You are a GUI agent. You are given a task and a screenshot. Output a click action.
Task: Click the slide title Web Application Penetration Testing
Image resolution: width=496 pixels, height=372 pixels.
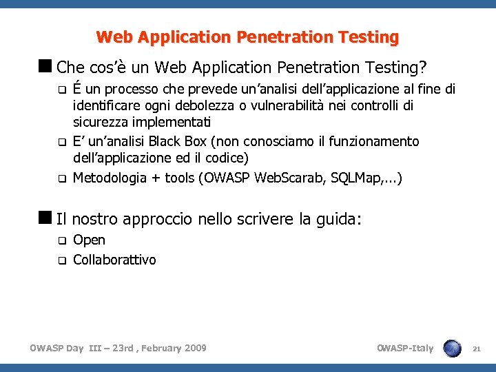click(247, 37)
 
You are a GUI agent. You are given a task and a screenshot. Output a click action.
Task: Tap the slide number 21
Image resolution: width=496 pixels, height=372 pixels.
click(476, 349)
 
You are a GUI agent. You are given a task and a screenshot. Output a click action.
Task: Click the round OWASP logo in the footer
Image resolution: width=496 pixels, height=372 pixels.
click(453, 348)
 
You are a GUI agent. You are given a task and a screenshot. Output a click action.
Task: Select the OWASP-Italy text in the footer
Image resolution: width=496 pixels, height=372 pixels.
click(405, 348)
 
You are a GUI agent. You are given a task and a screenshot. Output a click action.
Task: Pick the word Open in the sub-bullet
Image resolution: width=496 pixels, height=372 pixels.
click(89, 240)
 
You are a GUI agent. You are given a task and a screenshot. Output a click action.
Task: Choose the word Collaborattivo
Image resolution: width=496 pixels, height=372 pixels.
click(114, 260)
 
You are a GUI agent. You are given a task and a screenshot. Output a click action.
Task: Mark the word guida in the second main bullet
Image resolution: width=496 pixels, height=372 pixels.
click(338, 220)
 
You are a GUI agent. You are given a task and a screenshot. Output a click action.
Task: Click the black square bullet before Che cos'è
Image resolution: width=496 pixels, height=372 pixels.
click(48, 68)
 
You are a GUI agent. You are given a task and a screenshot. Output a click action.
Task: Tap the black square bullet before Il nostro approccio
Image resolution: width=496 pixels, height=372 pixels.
click(48, 219)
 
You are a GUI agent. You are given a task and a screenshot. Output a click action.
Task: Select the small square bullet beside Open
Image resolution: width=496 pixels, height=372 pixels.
click(61, 241)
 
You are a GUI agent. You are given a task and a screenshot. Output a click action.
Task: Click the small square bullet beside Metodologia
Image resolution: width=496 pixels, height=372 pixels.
click(61, 179)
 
